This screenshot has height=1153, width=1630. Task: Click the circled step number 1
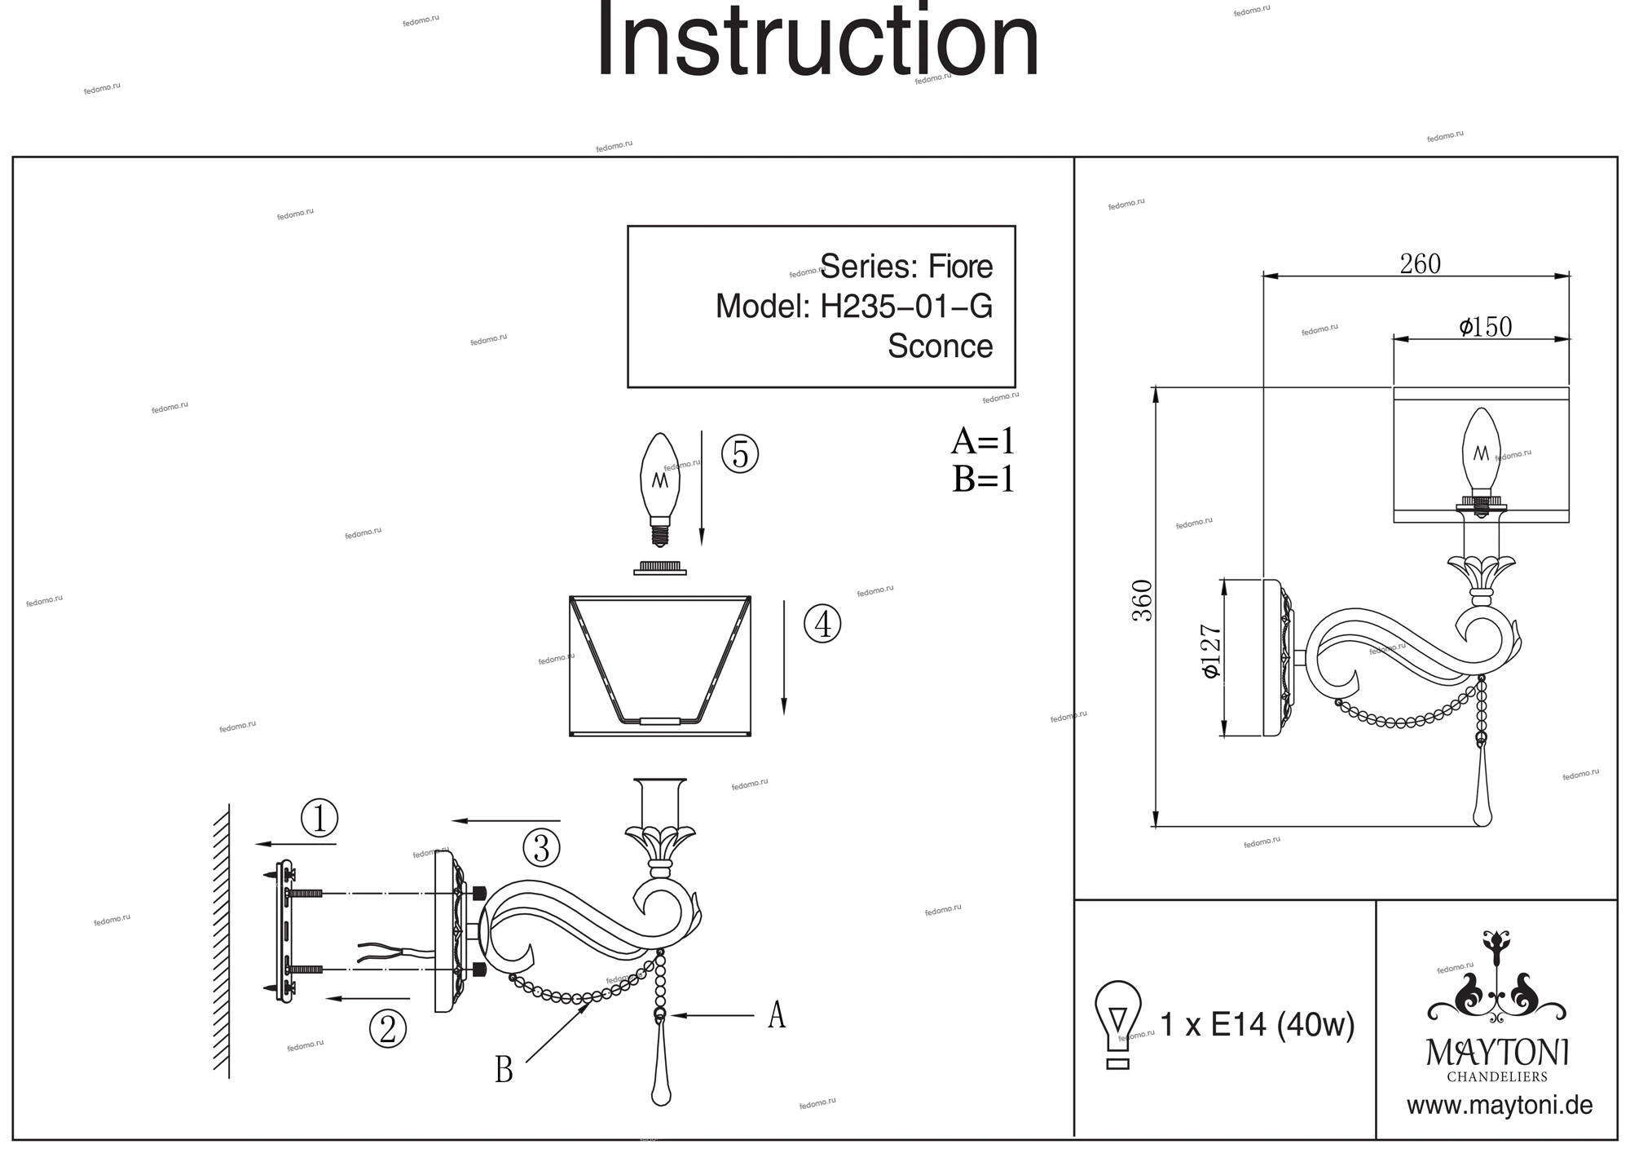pos(319,818)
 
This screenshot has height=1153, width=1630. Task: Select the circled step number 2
pos(387,1028)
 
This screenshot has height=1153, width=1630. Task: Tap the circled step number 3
pos(541,848)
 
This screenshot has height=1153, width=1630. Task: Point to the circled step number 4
pos(822,625)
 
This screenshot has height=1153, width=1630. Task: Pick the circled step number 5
pos(740,454)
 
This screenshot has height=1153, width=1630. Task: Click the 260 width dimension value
pos(1420,264)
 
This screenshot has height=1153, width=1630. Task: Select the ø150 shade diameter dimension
pos(1485,327)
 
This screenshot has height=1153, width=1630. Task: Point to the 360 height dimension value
pos(1143,600)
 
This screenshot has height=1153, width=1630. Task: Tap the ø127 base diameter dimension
pos(1211,652)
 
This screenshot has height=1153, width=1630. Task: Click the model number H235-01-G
pos(905,307)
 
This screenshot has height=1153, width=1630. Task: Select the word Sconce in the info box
pos(940,346)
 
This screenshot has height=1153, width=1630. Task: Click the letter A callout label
pos(777,1015)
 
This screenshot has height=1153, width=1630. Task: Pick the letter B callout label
pos(504,1070)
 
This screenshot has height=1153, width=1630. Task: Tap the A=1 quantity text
pos(983,441)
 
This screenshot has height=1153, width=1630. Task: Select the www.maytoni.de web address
pos(1499,1106)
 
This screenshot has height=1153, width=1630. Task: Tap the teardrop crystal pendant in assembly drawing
pos(661,1076)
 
